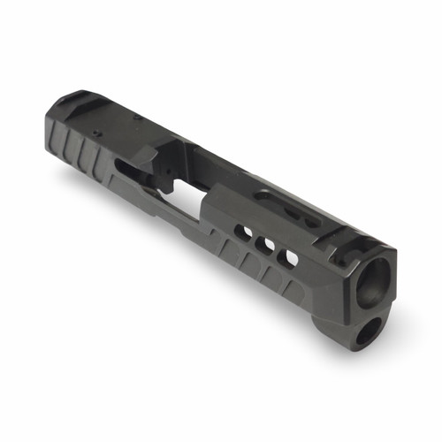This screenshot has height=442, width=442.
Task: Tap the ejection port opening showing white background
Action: pyautogui.click(x=188, y=196)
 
